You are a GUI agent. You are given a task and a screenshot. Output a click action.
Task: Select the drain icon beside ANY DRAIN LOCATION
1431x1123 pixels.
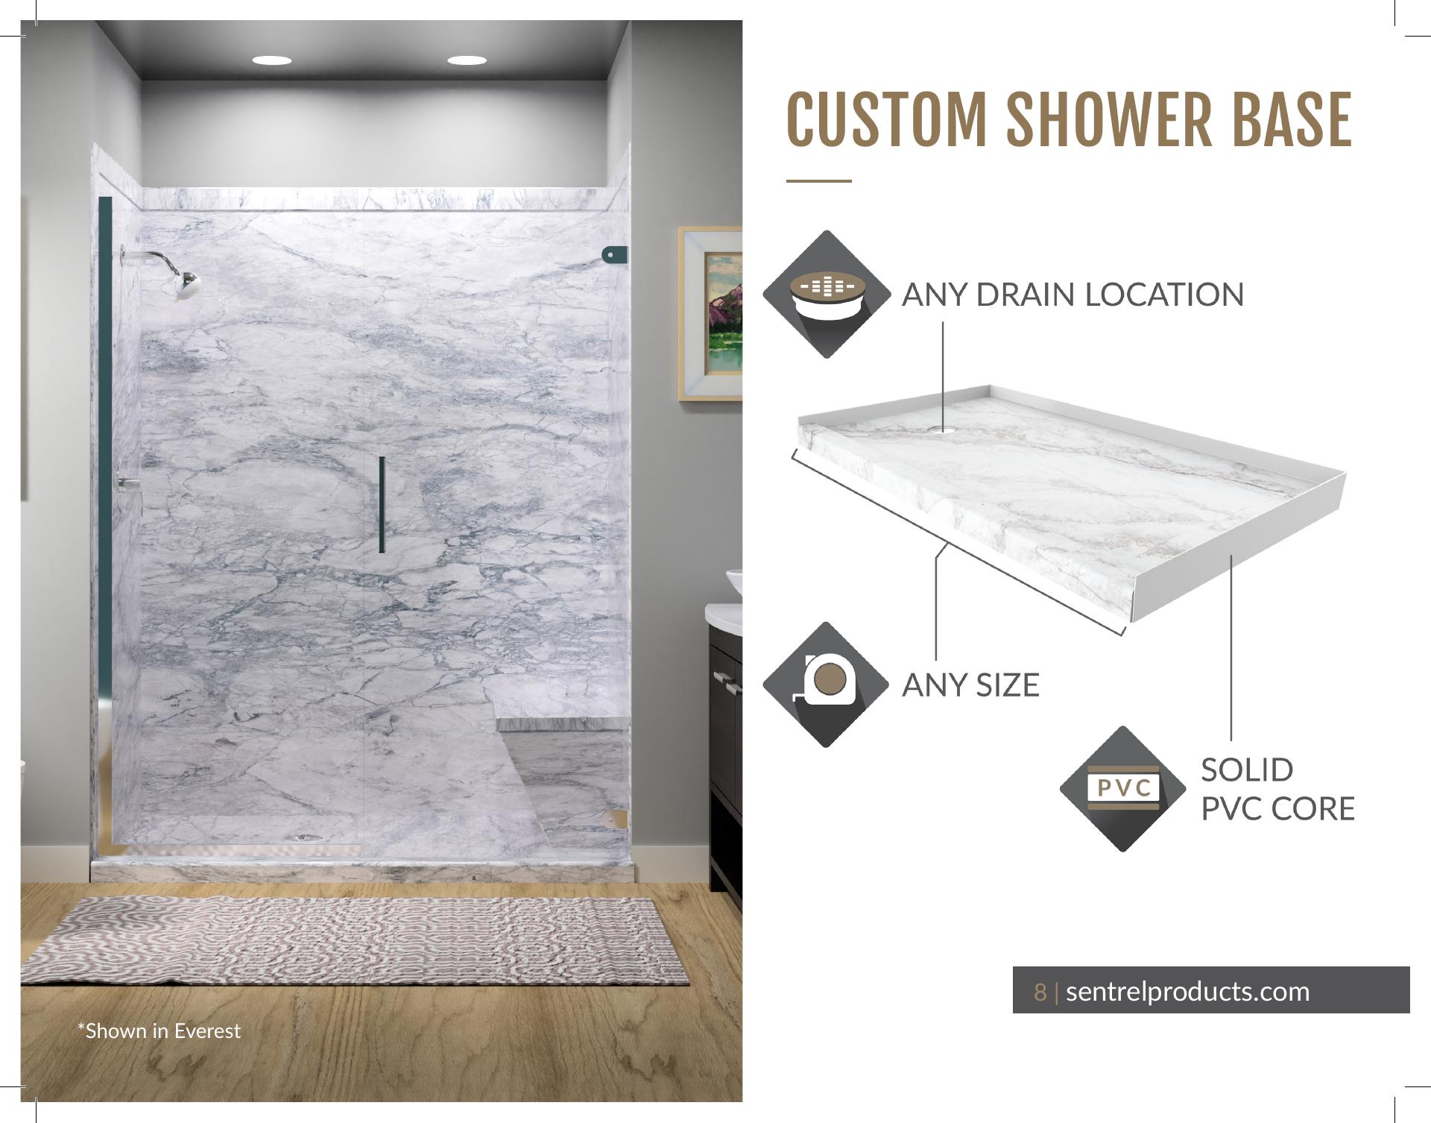827,294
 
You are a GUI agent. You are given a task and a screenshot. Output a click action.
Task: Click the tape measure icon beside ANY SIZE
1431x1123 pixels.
826,685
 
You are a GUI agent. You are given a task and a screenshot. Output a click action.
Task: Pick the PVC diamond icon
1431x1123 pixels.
1123,789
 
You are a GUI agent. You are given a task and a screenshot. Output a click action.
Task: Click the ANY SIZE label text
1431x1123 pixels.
970,685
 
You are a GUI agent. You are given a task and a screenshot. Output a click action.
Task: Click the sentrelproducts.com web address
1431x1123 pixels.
1187,992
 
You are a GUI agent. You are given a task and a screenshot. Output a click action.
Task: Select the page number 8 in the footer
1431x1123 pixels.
1040,992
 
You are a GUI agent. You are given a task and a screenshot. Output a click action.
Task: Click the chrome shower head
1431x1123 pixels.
184,285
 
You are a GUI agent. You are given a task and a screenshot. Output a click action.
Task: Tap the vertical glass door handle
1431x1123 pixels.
382,505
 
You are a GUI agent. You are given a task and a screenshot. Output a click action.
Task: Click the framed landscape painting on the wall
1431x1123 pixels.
710,314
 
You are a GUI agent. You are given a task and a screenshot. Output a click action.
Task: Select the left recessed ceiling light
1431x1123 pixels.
272,60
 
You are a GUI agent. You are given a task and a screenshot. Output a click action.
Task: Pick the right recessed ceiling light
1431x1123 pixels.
467,60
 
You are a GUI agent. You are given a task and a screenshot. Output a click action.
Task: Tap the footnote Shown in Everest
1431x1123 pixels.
159,1031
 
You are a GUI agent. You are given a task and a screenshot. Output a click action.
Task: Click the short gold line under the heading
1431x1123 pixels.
818,180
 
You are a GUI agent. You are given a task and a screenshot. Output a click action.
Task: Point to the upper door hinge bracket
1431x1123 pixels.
614,255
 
